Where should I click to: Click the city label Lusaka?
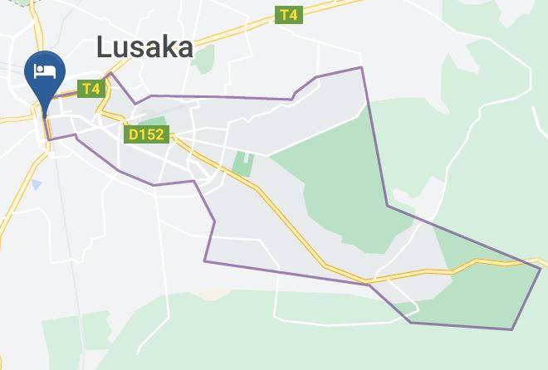(144, 47)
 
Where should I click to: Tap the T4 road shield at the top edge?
(288, 15)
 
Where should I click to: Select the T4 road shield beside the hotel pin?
(91, 88)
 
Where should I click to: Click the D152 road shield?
(147, 134)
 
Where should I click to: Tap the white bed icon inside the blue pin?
(44, 71)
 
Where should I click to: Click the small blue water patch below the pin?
(36, 183)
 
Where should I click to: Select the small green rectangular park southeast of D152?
(242, 163)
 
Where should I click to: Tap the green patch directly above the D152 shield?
(151, 121)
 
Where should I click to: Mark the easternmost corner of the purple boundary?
(541, 268)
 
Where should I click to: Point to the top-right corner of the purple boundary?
(362, 67)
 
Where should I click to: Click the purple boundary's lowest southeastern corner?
(511, 329)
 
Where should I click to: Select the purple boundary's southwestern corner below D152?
(205, 261)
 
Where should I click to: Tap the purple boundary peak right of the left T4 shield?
(111, 75)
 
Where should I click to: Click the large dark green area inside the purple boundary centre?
(332, 183)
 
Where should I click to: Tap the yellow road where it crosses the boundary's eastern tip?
(531, 263)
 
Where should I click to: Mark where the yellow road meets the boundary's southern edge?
(368, 283)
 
